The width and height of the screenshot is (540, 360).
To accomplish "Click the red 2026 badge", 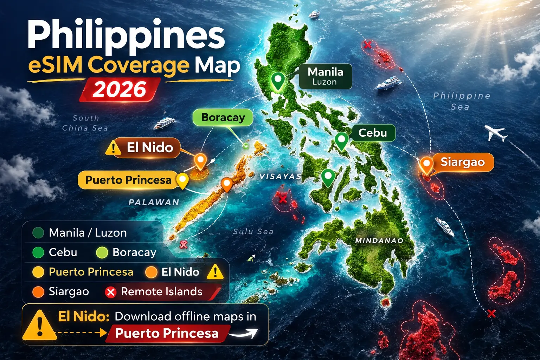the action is click(120, 90).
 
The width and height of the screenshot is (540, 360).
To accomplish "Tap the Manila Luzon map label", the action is click(325, 76).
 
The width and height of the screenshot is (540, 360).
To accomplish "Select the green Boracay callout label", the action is click(223, 117).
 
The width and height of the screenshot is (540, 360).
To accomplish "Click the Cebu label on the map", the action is click(373, 133).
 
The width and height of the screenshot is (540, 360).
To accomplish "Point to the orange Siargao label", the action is click(463, 162).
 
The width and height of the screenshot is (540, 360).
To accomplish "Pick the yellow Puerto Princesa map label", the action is click(128, 180).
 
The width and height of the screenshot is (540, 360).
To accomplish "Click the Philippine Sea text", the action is click(461, 101).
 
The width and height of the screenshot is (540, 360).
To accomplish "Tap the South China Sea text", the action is click(85, 123).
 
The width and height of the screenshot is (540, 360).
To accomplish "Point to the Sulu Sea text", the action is click(253, 231).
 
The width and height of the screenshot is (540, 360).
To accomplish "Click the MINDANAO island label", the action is click(379, 241).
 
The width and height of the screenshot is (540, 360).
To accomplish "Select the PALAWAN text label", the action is click(154, 202).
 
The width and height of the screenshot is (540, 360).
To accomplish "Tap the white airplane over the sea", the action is click(496, 133).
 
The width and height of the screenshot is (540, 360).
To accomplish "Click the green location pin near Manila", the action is click(278, 81).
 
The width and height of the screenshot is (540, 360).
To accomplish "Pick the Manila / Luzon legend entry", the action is click(80, 233).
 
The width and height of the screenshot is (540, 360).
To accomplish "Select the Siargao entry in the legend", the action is click(61, 292).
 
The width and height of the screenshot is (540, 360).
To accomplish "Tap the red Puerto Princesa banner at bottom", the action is click(167, 333).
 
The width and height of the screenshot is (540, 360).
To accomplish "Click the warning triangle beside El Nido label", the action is click(113, 148).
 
